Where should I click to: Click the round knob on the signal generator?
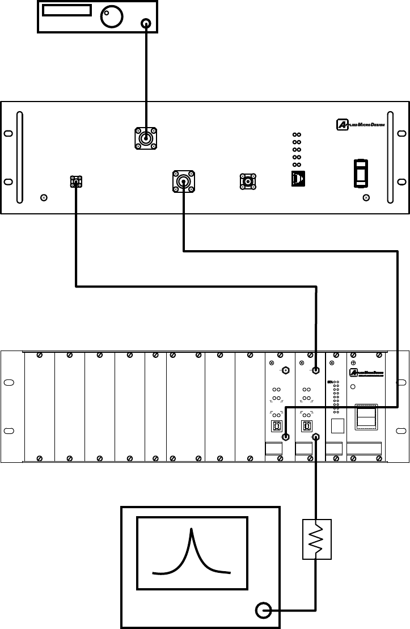(111, 17)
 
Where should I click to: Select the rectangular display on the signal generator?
(67, 11)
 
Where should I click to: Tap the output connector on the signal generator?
(147, 23)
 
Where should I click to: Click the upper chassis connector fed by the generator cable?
(146, 138)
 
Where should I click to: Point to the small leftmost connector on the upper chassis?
(76, 181)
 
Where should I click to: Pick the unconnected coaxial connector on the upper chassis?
(248, 181)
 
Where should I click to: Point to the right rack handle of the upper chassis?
(390, 157)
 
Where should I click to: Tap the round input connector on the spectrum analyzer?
(264, 610)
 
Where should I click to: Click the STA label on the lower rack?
(331, 382)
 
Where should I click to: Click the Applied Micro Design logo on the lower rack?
(366, 372)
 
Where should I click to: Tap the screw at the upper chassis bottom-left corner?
(44, 198)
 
